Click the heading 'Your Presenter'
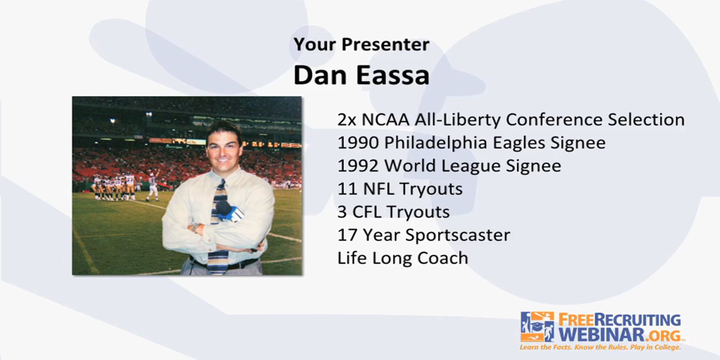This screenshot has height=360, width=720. [x=361, y=44]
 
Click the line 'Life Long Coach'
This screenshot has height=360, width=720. [x=402, y=258]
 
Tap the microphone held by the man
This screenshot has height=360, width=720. [x=229, y=211]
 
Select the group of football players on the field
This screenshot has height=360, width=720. [x=116, y=186]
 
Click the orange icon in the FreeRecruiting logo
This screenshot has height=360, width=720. [x=537, y=326]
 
